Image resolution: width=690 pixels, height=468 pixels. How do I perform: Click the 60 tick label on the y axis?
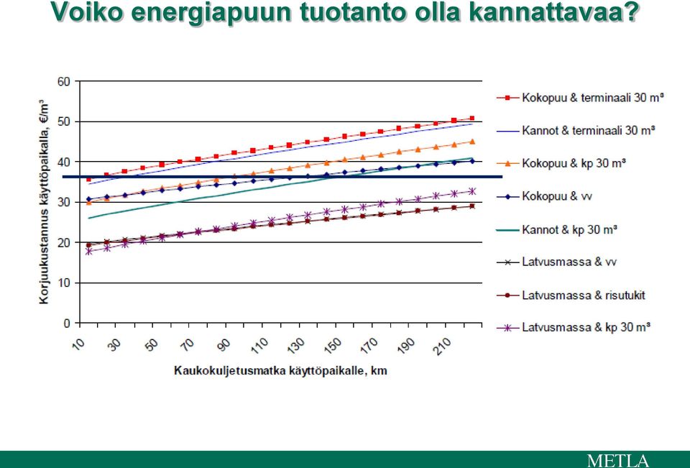[63, 81]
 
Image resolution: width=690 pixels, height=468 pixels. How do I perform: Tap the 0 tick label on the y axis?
[67, 324]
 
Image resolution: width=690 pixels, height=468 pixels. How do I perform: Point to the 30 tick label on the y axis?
[63, 203]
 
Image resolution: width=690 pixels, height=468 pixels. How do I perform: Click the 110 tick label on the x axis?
[259, 346]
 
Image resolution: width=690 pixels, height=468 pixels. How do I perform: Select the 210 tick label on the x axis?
[442, 346]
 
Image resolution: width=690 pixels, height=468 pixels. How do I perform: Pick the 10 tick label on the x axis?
[78, 344]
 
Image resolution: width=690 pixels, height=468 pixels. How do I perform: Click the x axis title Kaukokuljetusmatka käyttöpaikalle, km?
[281, 371]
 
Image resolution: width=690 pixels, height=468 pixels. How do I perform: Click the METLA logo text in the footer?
[618, 461]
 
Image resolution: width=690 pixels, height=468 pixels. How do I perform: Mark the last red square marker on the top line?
[472, 118]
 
